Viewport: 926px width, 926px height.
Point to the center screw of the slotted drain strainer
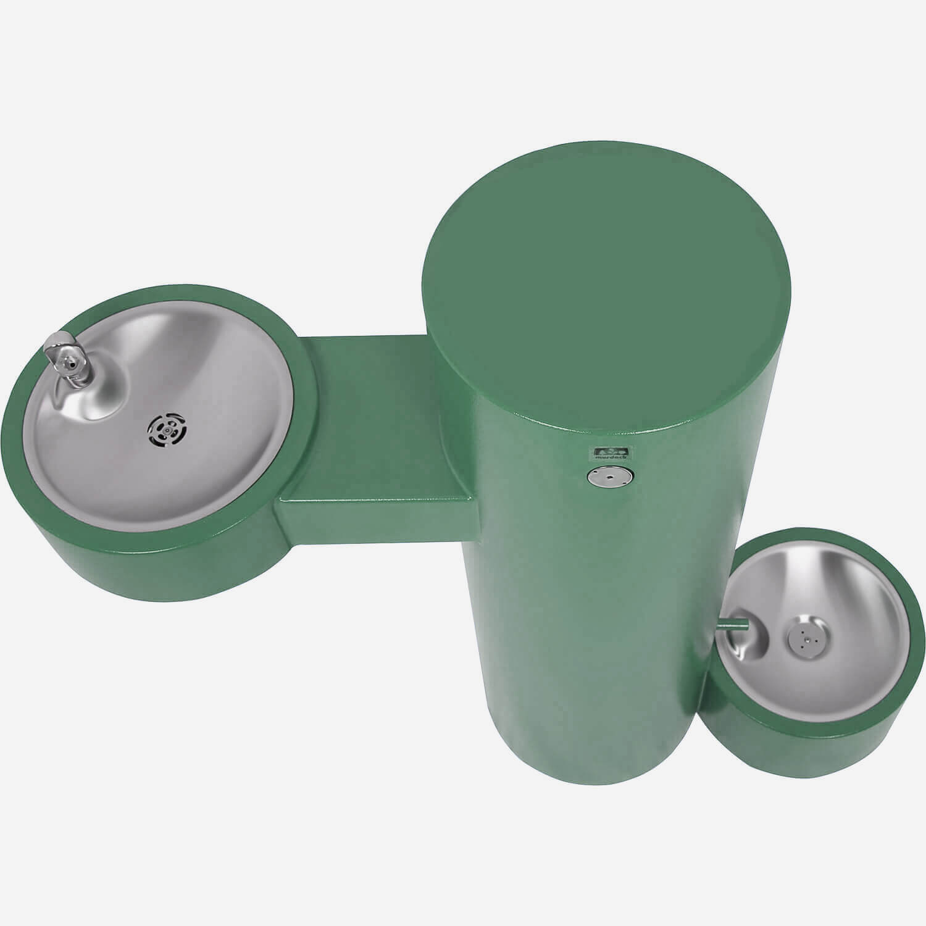163,427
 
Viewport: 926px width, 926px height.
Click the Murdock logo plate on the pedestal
610,453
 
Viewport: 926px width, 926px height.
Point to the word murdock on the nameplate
610,457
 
